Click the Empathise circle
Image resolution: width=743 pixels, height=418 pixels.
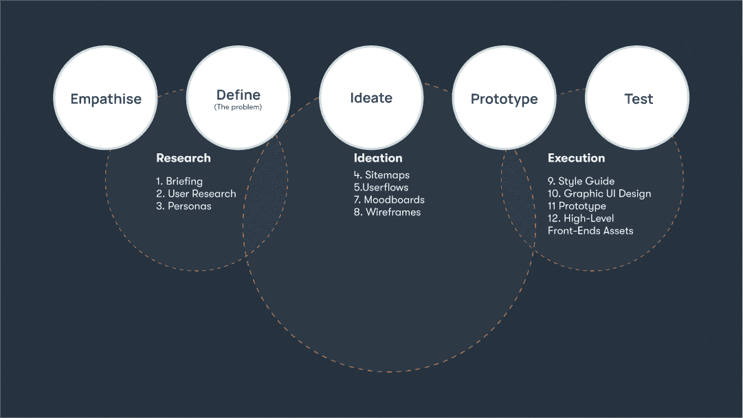(105, 98)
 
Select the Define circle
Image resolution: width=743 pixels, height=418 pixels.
(239, 98)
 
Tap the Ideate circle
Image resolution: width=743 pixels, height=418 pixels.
(371, 98)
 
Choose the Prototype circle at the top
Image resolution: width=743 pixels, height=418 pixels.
(504, 98)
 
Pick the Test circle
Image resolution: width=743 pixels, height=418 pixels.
(637, 98)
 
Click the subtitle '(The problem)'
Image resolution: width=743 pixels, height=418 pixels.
(238, 107)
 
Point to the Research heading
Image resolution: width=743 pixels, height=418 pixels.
(184, 158)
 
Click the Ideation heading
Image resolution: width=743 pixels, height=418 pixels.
(377, 158)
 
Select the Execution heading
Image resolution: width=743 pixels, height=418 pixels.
(576, 158)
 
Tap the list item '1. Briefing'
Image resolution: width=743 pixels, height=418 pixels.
(179, 181)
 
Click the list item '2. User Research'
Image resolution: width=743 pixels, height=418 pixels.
(196, 193)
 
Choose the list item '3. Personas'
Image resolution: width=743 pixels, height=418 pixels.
(184, 206)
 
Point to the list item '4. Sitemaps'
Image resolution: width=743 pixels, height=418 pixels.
(381, 175)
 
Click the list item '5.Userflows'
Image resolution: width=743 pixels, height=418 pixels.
(381, 187)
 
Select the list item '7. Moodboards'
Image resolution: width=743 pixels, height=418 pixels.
(389, 199)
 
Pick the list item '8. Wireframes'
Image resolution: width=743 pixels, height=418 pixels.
(387, 212)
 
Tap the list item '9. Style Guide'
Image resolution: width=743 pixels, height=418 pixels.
(581, 181)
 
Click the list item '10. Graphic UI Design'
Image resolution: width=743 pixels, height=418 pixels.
(599, 194)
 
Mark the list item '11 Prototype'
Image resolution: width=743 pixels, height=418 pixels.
(577, 206)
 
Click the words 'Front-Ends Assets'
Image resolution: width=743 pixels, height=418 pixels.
(590, 231)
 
